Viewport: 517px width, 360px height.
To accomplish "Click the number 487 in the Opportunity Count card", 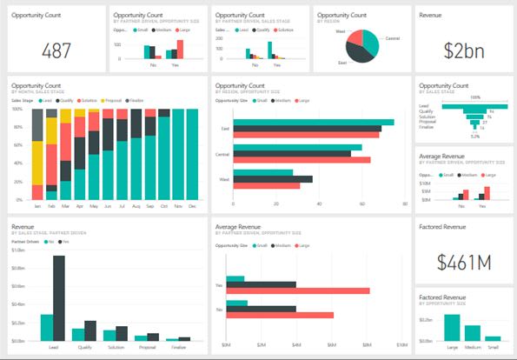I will coord(56,50).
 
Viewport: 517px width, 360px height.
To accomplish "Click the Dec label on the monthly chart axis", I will coord(191,207).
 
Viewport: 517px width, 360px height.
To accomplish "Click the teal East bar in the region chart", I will coord(314,123).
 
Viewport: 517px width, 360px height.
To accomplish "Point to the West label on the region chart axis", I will coord(223,178).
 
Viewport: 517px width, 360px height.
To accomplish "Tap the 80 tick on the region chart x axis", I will coord(405,203).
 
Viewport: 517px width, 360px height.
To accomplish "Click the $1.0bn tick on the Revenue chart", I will coord(17,250).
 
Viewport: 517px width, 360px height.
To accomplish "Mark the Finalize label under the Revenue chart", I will coord(178,346).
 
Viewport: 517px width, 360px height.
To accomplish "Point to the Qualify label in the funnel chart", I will coord(426,111).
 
